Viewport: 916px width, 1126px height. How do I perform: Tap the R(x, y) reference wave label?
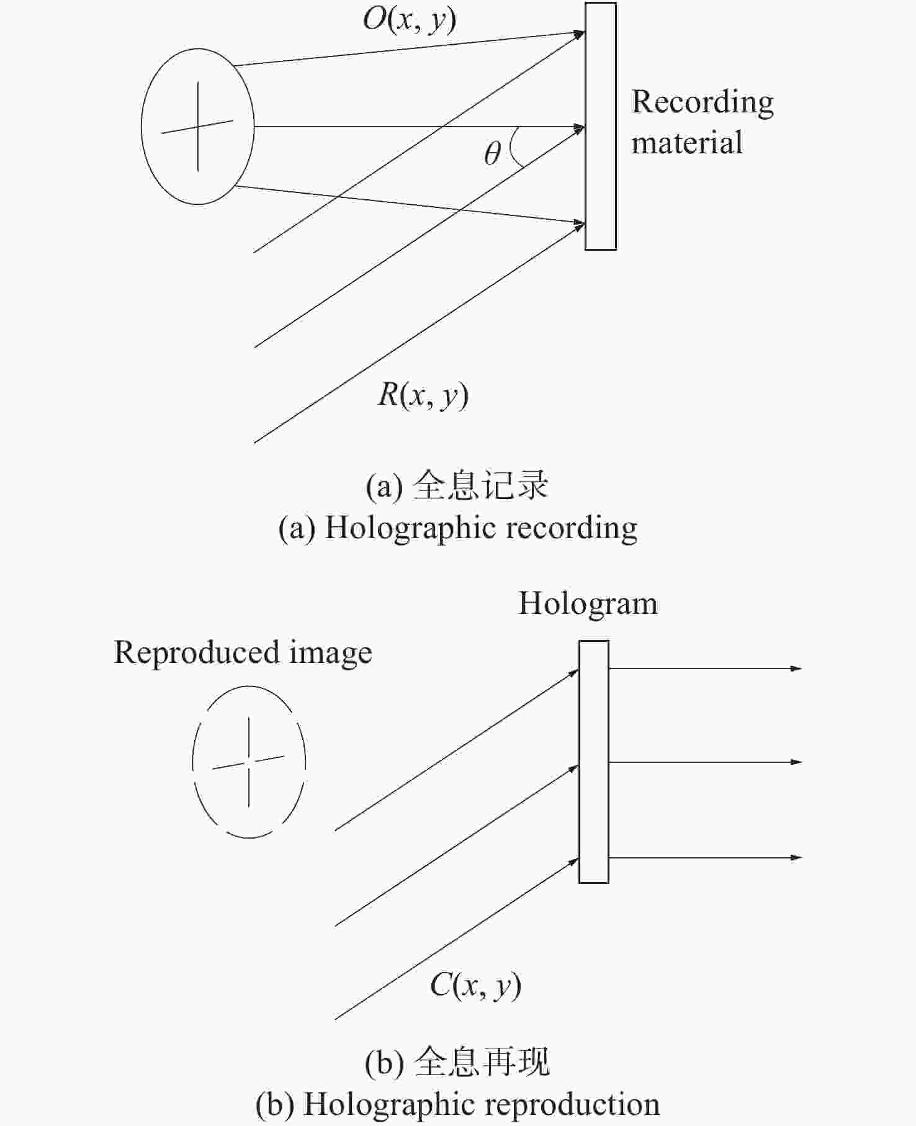(423, 395)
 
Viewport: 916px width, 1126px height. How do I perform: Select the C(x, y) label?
(475, 985)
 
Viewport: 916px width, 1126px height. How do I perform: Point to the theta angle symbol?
(492, 153)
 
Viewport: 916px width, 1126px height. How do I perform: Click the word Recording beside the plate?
(703, 103)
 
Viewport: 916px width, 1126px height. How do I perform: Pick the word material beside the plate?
(686, 142)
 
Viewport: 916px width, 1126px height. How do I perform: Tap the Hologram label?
(588, 604)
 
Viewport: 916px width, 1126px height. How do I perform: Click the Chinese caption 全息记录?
(481, 485)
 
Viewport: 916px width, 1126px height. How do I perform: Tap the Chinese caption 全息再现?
(482, 1061)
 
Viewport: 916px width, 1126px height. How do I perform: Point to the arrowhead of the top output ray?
(797, 669)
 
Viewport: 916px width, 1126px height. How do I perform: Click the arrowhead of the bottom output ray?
(797, 857)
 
